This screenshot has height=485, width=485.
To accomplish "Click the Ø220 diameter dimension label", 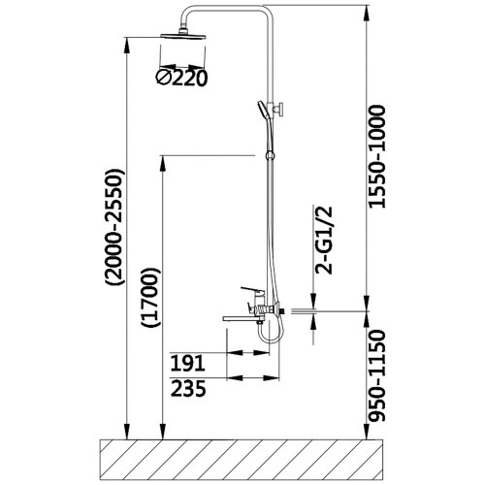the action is pyautogui.click(x=181, y=78).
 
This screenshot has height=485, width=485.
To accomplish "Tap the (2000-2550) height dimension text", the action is pyautogui.click(x=114, y=227).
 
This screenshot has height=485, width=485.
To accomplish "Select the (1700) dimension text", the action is pyautogui.click(x=150, y=298).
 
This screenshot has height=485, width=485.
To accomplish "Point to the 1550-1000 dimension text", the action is pyautogui.click(x=377, y=156).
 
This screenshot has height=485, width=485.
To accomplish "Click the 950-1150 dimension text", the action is pyautogui.click(x=377, y=375).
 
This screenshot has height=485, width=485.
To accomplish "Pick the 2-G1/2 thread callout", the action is pyautogui.click(x=324, y=240).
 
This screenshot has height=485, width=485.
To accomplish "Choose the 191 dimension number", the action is pyautogui.click(x=187, y=363).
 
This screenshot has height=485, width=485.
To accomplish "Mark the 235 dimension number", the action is pyautogui.click(x=188, y=388).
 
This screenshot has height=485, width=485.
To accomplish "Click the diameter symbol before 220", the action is pyautogui.click(x=164, y=77).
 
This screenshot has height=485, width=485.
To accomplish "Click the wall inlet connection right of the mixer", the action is pyautogui.click(x=282, y=311).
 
